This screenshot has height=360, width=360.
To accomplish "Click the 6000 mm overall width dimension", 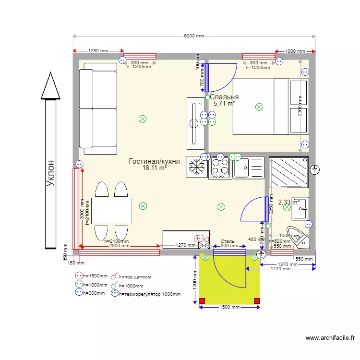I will pos(193,36).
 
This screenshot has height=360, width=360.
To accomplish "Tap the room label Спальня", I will pos(224,97).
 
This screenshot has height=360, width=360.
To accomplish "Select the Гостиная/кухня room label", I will pos(154,161).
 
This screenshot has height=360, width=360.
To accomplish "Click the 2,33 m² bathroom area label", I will pos(289,203).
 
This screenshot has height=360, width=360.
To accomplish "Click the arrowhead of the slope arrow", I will pos(50,86).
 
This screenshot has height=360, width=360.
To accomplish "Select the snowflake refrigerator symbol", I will pos(196,168).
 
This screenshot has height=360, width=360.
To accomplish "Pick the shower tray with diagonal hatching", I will pos(288,171).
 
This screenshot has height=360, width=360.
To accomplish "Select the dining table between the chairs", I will pos(111,211).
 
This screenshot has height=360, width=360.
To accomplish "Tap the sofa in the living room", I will pos(98,108).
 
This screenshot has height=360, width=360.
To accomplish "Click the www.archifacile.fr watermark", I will pos(332,338).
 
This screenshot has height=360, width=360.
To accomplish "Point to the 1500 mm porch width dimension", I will pos(229,307).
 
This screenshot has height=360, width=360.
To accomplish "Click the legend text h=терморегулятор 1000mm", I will pos(149,293).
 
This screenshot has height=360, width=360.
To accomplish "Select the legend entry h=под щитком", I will pos(135,276).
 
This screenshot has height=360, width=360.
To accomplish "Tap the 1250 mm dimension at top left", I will pos(98,51).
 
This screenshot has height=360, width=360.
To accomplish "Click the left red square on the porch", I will pos(202,301).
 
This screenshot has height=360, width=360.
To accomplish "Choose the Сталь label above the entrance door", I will pos(227,241).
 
